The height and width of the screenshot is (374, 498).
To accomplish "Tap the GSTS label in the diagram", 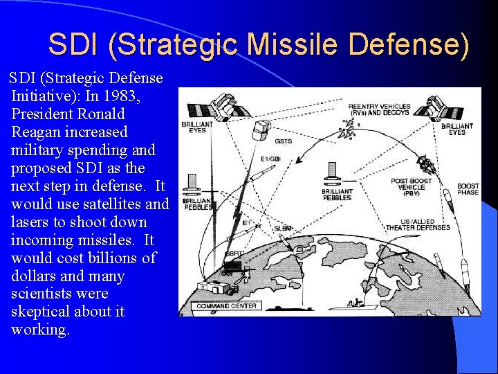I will click(x=283, y=141).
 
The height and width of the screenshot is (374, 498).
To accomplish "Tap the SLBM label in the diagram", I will click(x=284, y=228).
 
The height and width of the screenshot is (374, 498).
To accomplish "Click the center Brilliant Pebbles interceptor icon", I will click(x=332, y=172).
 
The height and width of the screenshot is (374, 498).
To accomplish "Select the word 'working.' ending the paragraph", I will click(x=40, y=330).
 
